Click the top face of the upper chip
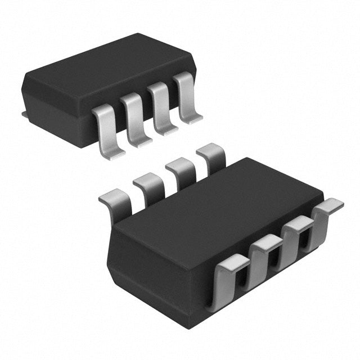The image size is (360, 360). tap(107, 62)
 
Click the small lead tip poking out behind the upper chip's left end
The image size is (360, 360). tap(24, 115)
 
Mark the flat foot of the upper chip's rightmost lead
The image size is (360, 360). tap(194, 118)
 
